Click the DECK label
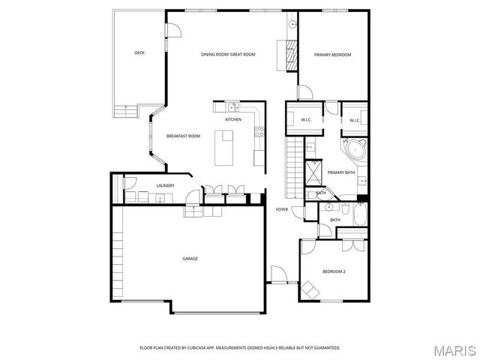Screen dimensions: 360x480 coord(139,52)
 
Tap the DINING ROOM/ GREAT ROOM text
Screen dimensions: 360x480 coord(229,54)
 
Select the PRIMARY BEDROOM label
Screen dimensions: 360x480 coord(332,54)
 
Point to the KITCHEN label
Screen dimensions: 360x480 coord(233,119)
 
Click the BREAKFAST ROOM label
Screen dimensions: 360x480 coord(183,136)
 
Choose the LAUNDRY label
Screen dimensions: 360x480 coord(165,185)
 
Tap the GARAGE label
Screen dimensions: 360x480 coord(190,259)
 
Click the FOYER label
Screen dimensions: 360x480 coord(282,209)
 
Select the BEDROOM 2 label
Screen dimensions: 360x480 coord(334,271)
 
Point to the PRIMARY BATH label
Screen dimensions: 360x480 coord(341,172)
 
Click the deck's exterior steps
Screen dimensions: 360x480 coord(127,111)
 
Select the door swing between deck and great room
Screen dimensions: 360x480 coord(172,29)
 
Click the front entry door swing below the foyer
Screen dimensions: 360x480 coord(278,273)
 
